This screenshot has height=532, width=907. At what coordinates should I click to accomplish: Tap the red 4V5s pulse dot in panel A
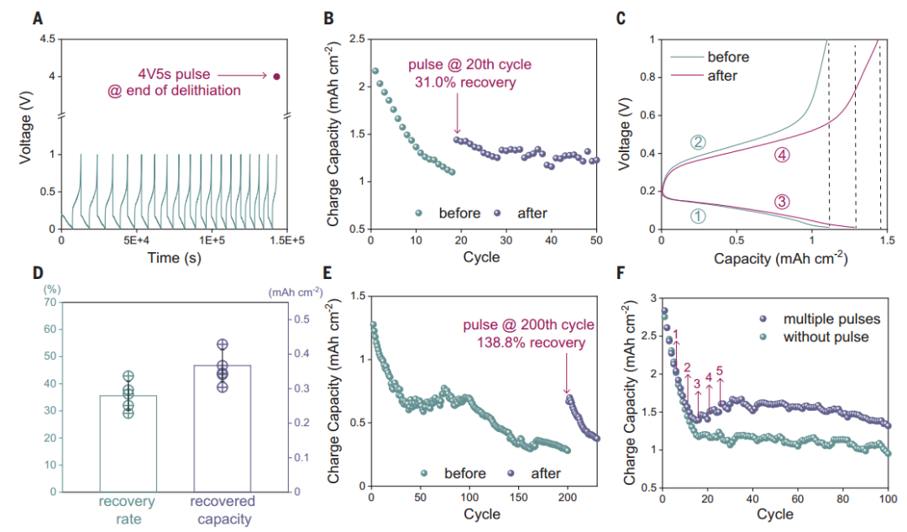(276, 76)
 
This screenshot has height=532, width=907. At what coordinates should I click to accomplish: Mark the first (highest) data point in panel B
(375, 71)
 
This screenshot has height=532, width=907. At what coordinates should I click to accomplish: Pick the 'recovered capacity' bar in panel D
(223, 428)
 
